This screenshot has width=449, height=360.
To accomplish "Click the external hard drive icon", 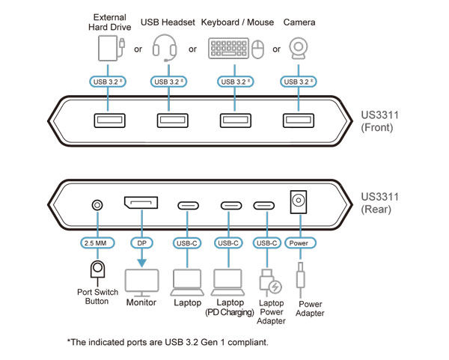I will (x=110, y=49).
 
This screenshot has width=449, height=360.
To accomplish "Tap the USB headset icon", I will (x=165, y=49).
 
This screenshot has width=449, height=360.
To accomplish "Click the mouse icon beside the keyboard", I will (x=257, y=50).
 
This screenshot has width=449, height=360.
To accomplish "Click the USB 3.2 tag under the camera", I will (x=296, y=81).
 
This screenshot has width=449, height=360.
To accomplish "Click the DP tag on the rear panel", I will (x=141, y=242).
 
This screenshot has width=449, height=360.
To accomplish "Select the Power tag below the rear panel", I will (x=299, y=242).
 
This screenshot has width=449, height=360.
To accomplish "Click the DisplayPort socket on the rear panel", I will (x=141, y=203).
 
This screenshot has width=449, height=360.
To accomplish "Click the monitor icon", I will (x=141, y=282).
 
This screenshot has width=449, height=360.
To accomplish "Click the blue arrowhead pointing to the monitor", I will (x=141, y=261).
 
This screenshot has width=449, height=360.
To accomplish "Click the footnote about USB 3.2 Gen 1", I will (x=168, y=342).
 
